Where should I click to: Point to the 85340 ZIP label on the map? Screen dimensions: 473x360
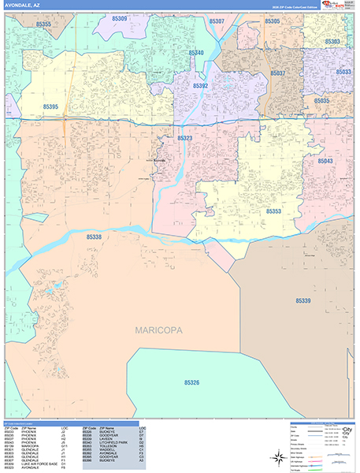[196, 53]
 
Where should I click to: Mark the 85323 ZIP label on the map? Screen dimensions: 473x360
[184, 138]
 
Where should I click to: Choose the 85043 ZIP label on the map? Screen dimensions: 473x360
[325, 161]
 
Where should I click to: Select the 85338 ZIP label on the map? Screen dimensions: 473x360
[94, 236]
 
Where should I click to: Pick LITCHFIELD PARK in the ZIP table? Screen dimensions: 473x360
[110, 444]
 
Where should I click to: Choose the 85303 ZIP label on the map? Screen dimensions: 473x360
[332, 41]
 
